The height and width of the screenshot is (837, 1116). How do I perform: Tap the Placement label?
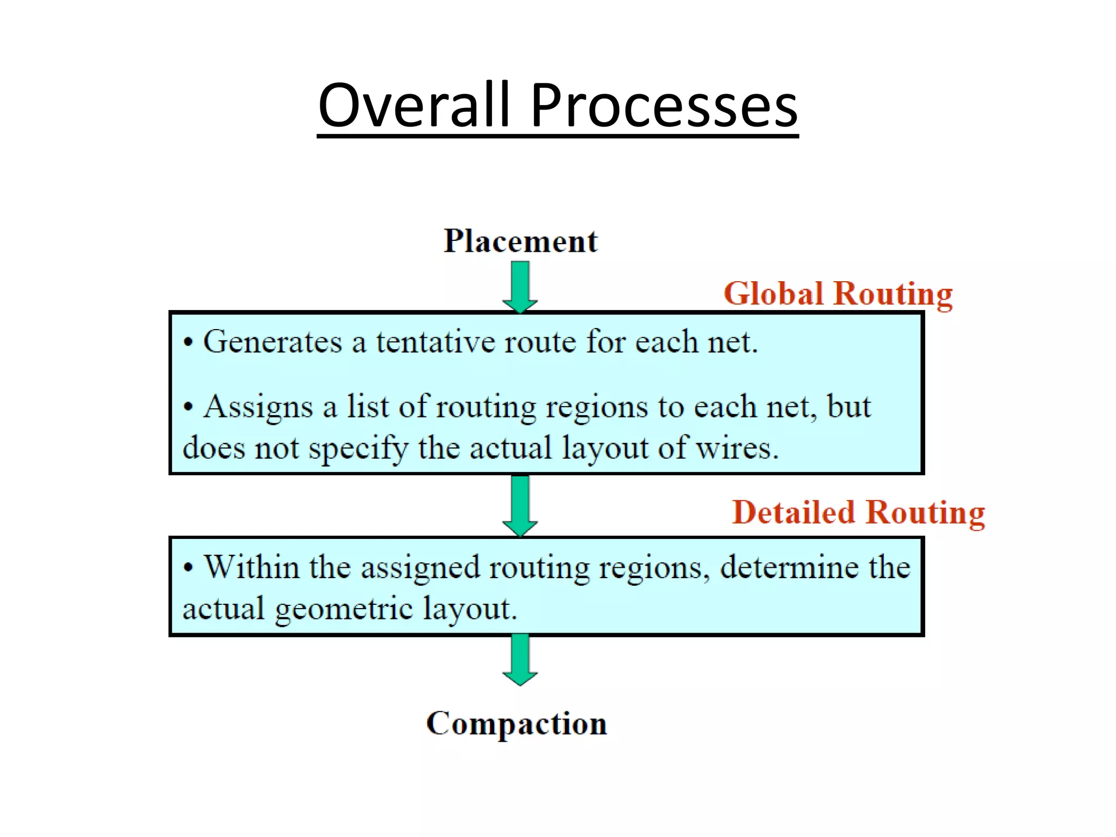pos(520,241)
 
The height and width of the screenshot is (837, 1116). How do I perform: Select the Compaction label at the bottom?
pos(516,724)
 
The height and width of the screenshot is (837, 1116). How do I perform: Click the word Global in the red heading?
pos(773,294)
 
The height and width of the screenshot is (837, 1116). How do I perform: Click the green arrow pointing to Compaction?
pos(520,659)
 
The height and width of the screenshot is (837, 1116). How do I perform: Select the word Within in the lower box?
pos(251,567)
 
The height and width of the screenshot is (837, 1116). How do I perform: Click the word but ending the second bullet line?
pos(848,407)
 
